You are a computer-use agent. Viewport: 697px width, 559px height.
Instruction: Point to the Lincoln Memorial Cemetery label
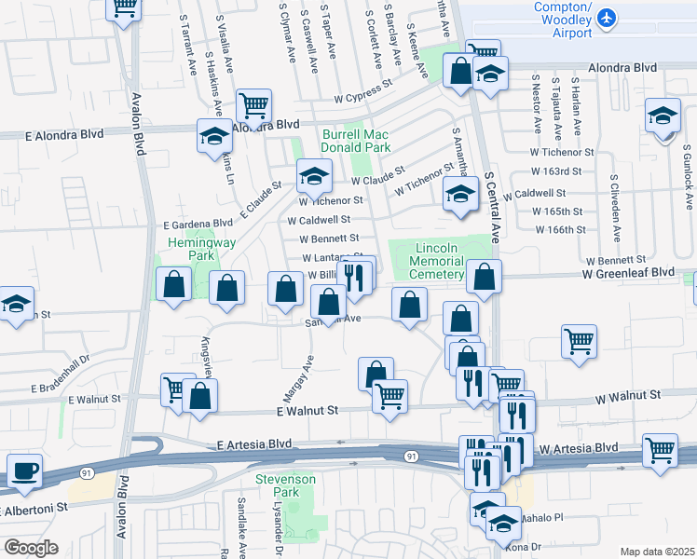tap(438, 261)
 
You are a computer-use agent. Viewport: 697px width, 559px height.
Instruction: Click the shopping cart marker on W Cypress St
tap(253, 105)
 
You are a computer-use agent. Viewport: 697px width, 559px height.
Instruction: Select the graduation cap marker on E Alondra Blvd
tap(213, 136)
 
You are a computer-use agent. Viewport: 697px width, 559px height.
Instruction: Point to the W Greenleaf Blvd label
tap(627, 272)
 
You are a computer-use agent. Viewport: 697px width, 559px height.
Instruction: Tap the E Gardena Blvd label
tap(198, 224)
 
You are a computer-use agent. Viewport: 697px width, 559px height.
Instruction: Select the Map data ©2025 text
tap(657, 552)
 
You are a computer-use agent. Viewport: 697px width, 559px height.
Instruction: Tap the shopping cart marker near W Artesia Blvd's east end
tap(660, 450)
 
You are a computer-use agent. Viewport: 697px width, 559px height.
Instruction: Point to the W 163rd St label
tap(556, 171)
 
